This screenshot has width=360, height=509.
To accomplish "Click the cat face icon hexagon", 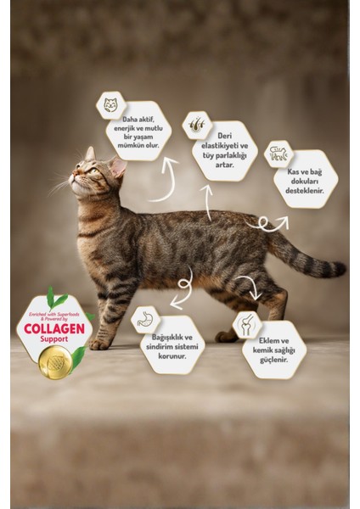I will [110, 105].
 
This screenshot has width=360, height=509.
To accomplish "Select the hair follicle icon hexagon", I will [199, 122].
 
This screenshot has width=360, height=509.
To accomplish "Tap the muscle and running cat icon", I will [279, 154].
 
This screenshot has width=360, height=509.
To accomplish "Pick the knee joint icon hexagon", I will [247, 324].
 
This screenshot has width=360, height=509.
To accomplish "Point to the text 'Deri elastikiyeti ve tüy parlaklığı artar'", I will [225, 151].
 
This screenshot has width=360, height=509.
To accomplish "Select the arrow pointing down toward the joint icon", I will [248, 287].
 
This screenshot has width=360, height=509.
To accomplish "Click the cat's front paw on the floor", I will [100, 344].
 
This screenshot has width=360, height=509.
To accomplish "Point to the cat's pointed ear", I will [90, 154].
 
